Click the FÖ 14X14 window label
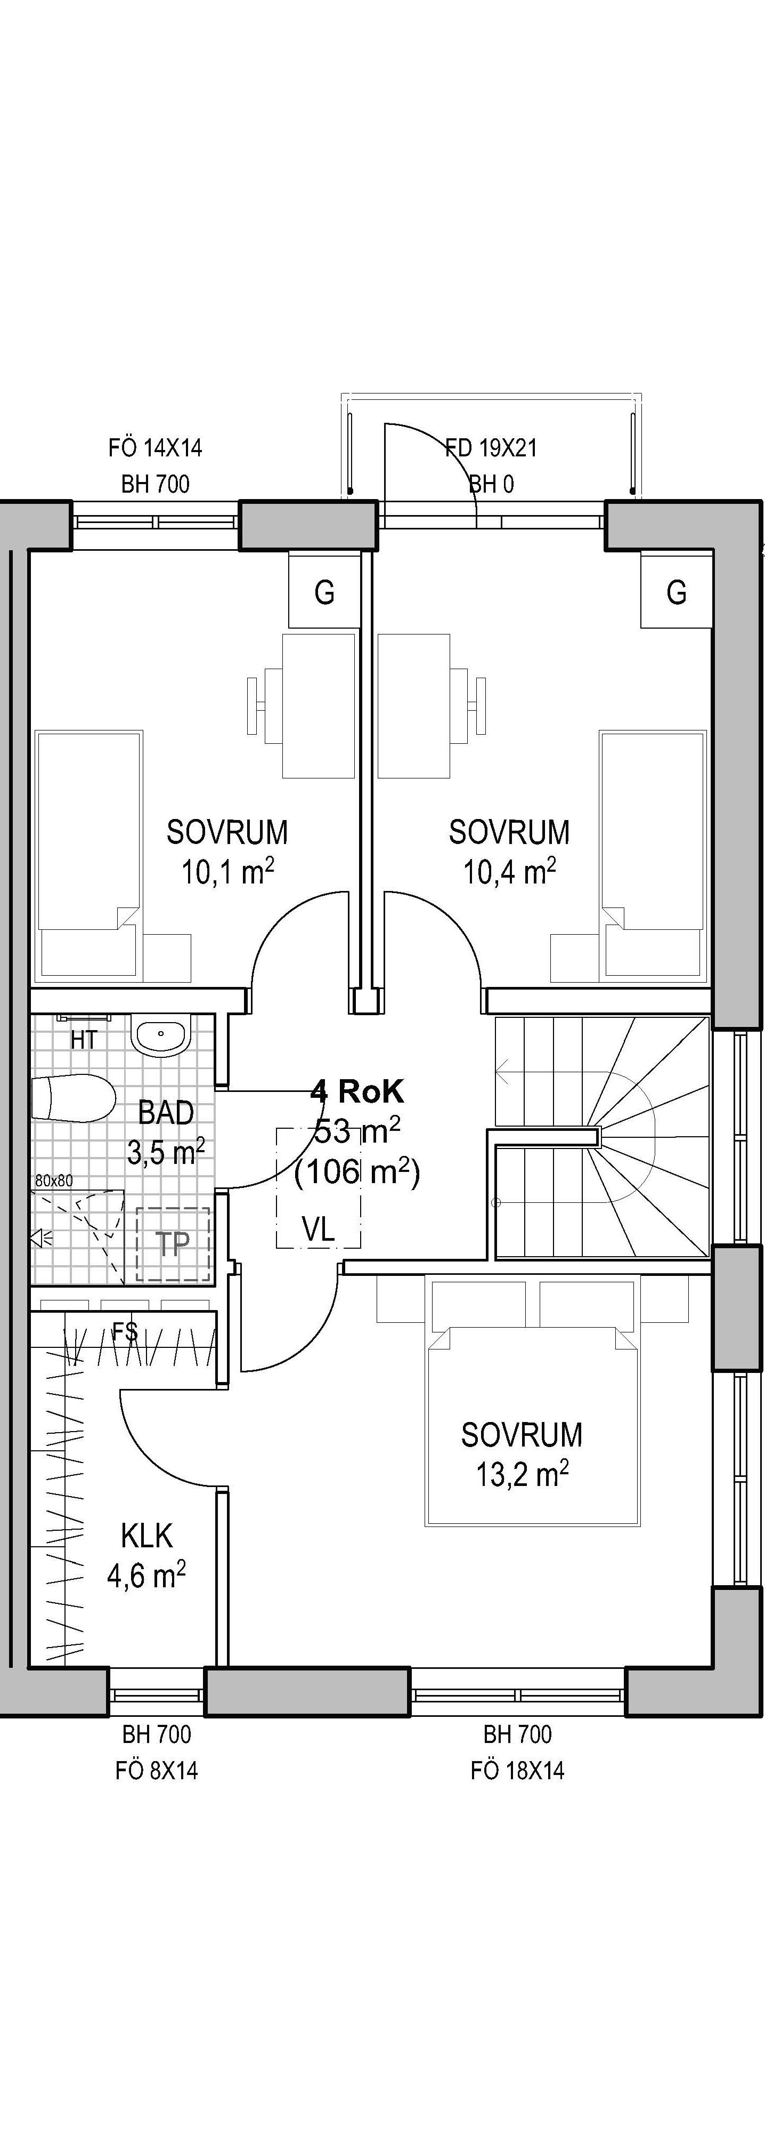click(x=155, y=448)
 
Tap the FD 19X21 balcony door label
click(x=491, y=448)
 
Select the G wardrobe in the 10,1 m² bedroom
click(x=324, y=592)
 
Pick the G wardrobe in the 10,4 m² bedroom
click(x=677, y=592)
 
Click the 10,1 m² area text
click(x=228, y=872)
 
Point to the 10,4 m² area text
click(x=509, y=872)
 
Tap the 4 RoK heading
click(x=357, y=1090)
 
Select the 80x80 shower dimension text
click(x=54, y=1180)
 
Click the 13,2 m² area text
click(x=522, y=1475)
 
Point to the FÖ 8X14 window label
click(x=157, y=1770)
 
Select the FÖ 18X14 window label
click(x=517, y=1770)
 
